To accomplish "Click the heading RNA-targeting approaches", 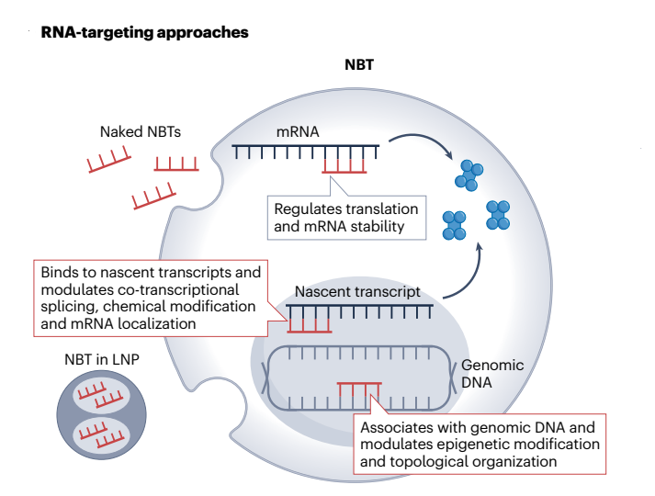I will pos(144,33).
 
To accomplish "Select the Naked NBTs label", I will pos(140,131).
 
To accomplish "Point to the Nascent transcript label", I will pos(357,293).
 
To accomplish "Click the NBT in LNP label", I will pos(103,359).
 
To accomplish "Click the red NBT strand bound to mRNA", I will pos(344,166).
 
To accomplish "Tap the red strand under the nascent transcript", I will pos(310,324).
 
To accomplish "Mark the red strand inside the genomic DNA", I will pos(359,393).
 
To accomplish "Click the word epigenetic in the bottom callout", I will pos(468,444).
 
